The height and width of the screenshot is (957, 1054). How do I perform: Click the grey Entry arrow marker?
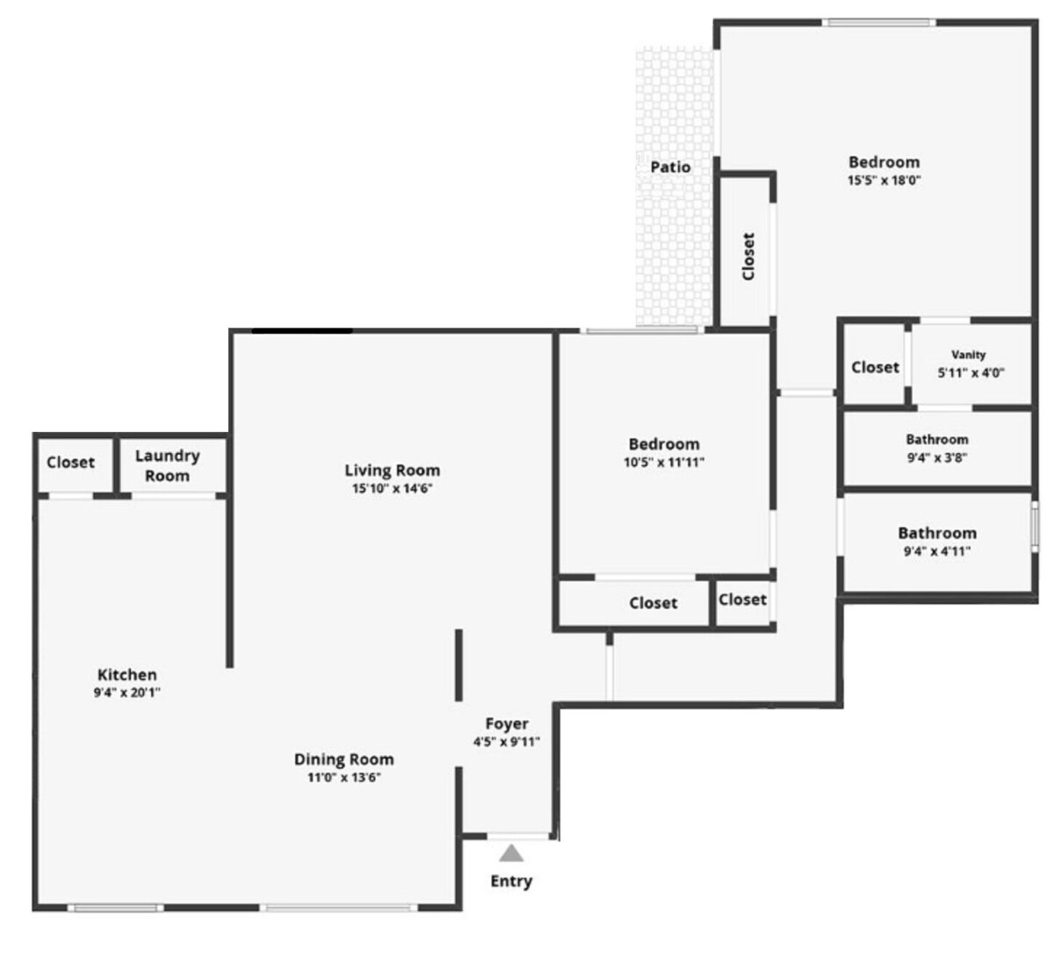click(x=511, y=853)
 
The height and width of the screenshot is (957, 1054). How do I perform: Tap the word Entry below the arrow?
click(x=511, y=881)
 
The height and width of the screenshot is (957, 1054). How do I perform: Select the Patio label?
click(x=670, y=167)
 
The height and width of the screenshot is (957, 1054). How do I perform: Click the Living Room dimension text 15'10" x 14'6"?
click(x=392, y=488)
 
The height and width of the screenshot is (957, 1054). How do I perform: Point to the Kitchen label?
click(x=127, y=674)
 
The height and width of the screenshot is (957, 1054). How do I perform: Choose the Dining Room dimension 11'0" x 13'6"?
click(x=344, y=777)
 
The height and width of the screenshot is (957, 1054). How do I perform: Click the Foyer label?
click(x=507, y=723)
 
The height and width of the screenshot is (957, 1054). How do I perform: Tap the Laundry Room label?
click(x=168, y=465)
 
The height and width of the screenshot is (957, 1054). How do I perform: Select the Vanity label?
click(x=968, y=355)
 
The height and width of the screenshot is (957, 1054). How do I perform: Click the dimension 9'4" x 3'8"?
click(x=937, y=457)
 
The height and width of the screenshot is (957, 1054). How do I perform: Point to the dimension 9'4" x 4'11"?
click(x=937, y=551)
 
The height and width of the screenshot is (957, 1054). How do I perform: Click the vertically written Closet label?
click(x=748, y=256)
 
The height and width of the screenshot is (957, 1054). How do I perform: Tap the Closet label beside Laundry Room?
click(x=70, y=462)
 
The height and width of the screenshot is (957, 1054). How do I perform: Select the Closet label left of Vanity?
click(x=876, y=367)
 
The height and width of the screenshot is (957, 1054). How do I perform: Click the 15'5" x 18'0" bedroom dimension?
click(x=884, y=180)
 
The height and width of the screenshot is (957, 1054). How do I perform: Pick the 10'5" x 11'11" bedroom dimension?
click(x=664, y=462)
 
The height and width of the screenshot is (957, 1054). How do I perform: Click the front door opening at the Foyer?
click(x=518, y=836)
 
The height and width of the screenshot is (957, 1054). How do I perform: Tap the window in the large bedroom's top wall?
click(x=878, y=23)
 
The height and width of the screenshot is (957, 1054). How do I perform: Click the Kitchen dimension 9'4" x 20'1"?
click(x=127, y=692)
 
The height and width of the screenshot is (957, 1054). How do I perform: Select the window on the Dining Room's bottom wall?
click(x=339, y=908)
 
